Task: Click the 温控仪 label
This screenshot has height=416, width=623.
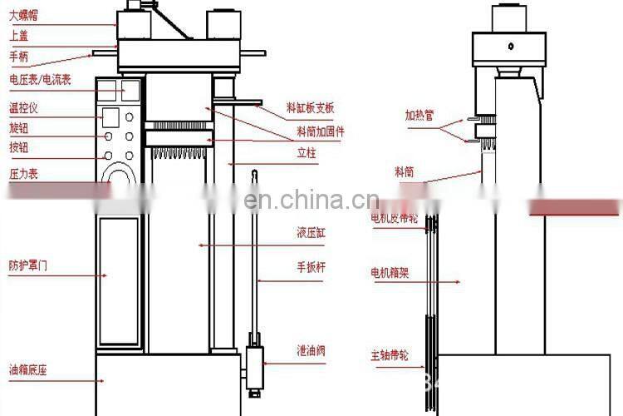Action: (23, 107)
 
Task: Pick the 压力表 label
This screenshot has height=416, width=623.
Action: (23, 174)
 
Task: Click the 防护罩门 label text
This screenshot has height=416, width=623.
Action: (28, 265)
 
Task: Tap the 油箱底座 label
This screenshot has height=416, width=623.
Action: (28, 371)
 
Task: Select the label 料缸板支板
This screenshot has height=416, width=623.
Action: (310, 108)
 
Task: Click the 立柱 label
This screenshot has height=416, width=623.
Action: (307, 154)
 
